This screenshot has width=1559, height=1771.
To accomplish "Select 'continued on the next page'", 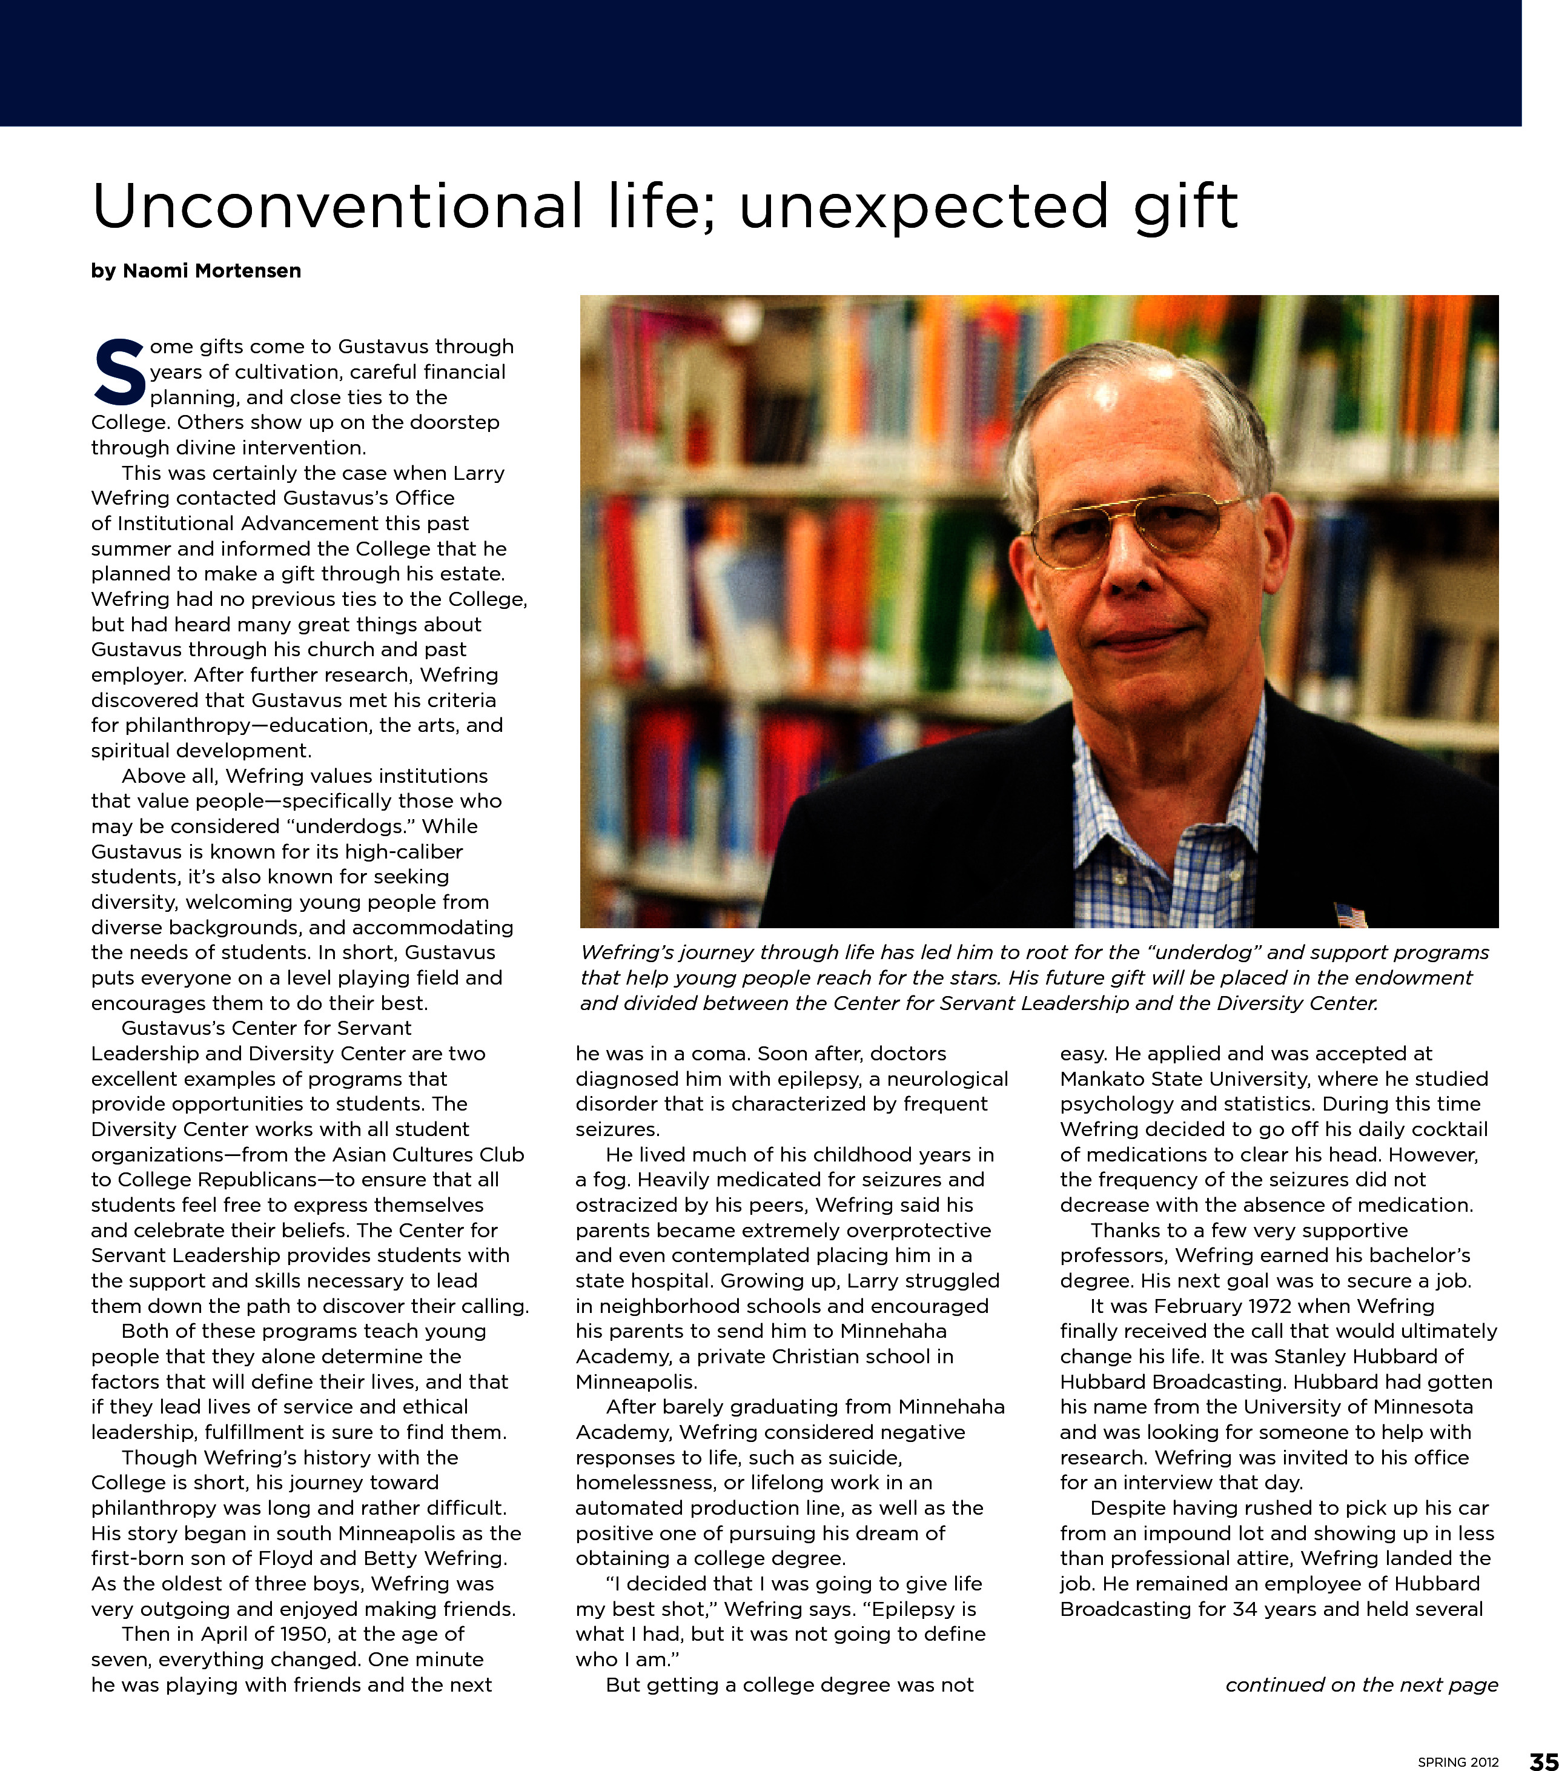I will point(1362,1684).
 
